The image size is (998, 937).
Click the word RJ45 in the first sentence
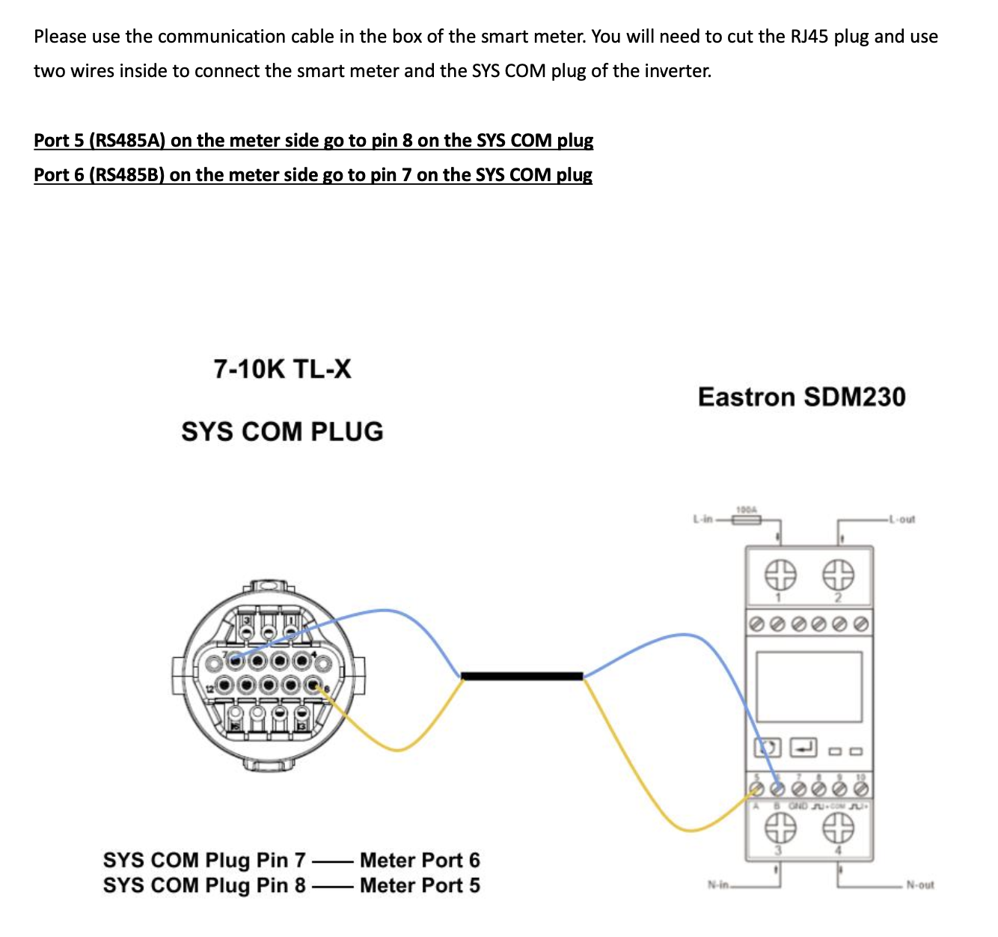point(808,37)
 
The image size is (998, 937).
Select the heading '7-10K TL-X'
point(282,369)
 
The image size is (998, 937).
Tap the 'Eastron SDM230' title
point(801,397)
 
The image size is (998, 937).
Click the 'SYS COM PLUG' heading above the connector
point(282,432)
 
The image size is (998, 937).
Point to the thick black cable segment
point(522,677)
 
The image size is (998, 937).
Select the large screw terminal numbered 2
point(839,575)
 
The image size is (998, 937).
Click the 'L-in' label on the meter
point(702,519)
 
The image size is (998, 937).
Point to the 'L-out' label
point(901,519)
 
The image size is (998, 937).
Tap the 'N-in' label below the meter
point(717,885)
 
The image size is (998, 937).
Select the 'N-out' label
point(919,885)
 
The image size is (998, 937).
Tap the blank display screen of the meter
point(809,686)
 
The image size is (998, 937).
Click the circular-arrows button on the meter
point(767,747)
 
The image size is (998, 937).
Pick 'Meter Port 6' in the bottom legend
point(420,860)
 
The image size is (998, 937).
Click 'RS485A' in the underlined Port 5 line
point(127,141)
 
